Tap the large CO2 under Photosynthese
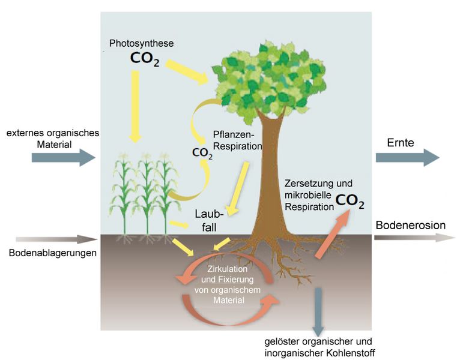point(145,59)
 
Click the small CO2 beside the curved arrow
point(202,152)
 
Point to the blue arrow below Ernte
point(407,157)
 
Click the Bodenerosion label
point(410,226)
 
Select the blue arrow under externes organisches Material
point(63,158)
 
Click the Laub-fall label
point(208,220)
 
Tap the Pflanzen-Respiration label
point(238,140)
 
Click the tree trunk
point(264,174)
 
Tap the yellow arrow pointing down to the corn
point(135,106)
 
